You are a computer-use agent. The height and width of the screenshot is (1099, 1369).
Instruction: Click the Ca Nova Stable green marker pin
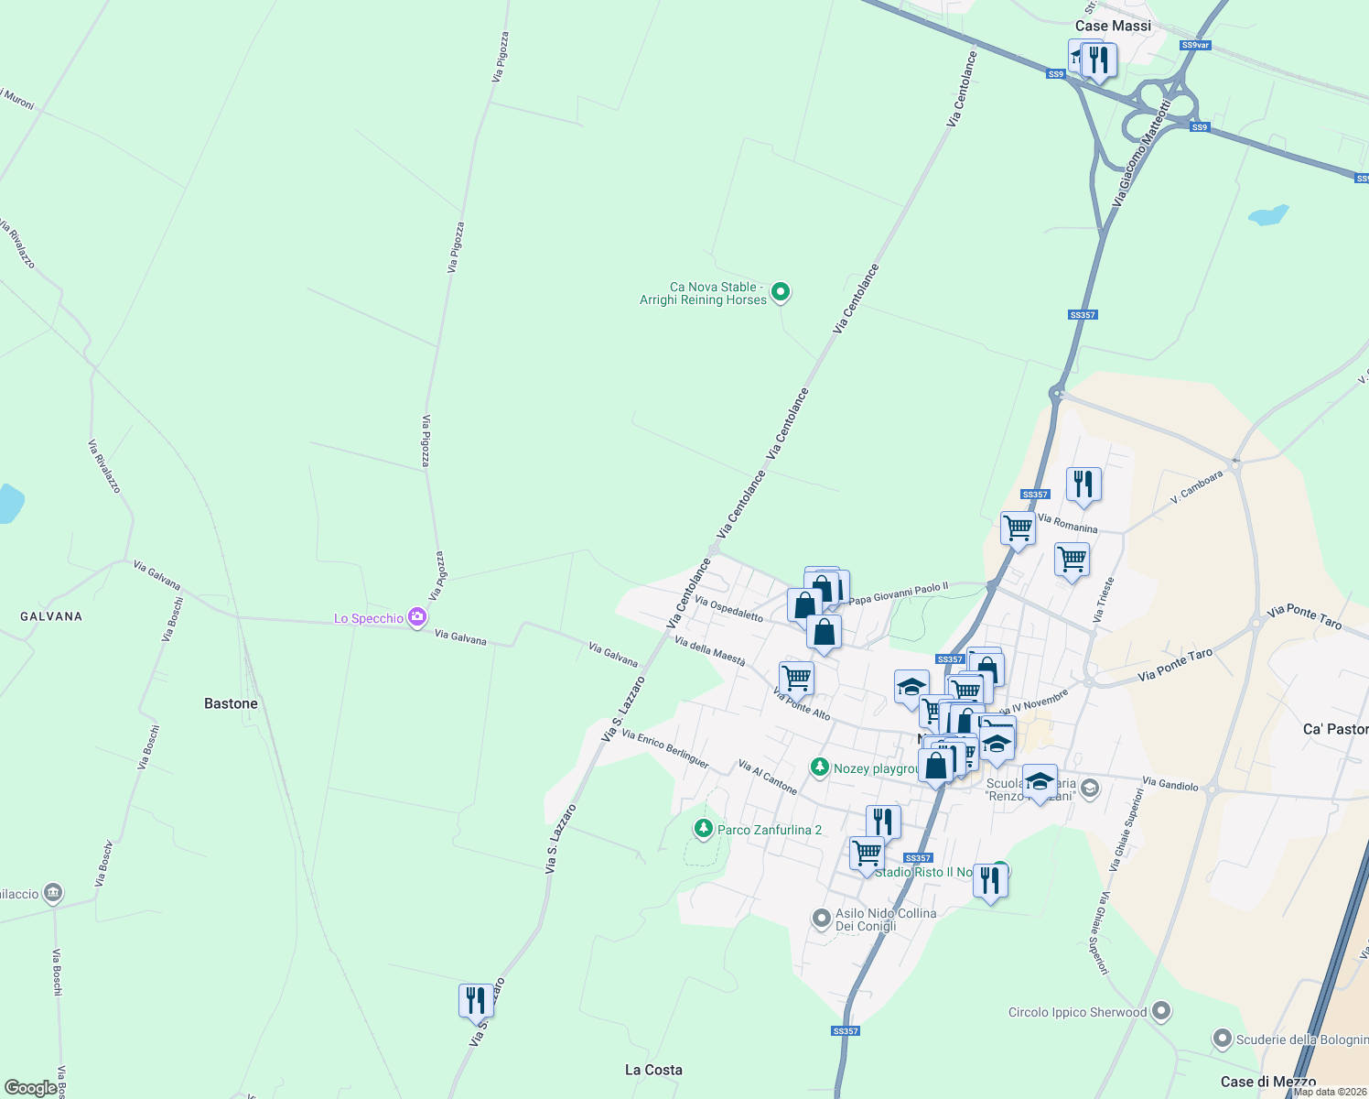click(781, 292)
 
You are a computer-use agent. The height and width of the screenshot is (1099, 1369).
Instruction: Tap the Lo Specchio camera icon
click(417, 617)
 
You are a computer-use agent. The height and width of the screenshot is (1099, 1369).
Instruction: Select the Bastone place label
click(231, 703)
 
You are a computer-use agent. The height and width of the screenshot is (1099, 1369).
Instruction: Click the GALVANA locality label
click(51, 616)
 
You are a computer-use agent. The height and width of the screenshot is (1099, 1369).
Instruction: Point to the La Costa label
click(653, 1070)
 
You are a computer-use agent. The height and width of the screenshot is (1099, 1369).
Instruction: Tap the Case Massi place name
click(1113, 26)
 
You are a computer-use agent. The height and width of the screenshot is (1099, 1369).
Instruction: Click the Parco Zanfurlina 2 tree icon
click(703, 829)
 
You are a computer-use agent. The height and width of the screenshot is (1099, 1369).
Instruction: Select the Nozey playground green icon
click(820, 767)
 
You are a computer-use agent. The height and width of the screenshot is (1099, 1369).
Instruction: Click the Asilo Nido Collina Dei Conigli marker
click(821, 916)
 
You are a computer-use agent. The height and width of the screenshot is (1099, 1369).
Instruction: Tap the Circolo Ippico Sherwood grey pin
click(1161, 1011)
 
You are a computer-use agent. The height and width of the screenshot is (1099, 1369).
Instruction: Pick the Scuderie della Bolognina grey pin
click(1223, 1039)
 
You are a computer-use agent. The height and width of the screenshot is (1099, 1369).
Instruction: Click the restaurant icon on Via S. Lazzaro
click(476, 1000)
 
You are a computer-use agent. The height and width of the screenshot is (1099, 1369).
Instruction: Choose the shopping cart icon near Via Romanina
click(1018, 528)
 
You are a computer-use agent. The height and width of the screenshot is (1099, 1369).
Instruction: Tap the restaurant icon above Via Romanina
click(1083, 484)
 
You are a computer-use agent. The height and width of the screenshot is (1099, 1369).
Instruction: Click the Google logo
click(30, 1088)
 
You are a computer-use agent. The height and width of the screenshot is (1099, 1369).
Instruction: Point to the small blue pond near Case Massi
click(1268, 216)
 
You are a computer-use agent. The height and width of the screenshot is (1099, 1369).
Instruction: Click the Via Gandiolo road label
click(1170, 784)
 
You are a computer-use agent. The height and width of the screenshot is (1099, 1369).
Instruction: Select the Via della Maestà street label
click(709, 650)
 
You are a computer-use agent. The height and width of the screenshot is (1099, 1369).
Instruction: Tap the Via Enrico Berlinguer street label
click(664, 747)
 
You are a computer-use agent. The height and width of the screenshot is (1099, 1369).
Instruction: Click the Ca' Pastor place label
click(1335, 729)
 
